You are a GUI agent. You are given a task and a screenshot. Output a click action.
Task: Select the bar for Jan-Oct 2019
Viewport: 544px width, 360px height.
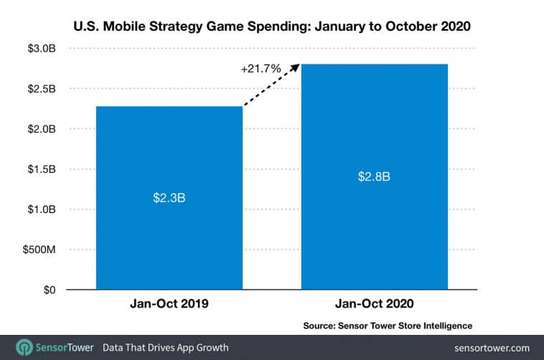169,237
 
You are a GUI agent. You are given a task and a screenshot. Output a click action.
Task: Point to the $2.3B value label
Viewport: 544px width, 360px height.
169,196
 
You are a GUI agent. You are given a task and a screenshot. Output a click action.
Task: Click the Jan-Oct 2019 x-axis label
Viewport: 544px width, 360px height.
169,304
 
